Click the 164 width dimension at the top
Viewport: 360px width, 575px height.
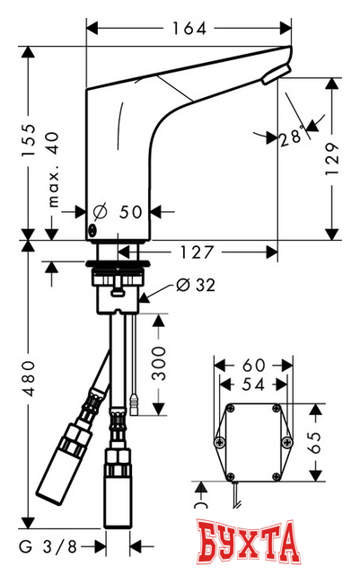(x=189, y=28)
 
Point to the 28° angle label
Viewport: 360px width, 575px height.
(x=290, y=137)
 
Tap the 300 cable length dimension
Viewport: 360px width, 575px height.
(x=161, y=363)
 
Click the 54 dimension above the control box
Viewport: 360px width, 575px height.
(x=252, y=385)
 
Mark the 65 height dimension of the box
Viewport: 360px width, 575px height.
(x=315, y=444)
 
